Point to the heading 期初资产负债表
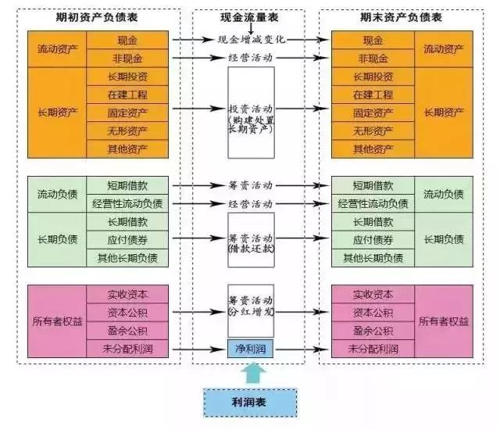click(102, 17)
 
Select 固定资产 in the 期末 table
click(373, 112)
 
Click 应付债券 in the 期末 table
click(373, 240)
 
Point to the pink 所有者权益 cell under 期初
click(58, 321)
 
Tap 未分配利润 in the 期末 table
click(373, 348)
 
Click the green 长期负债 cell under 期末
click(444, 240)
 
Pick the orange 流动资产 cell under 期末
click(444, 48)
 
